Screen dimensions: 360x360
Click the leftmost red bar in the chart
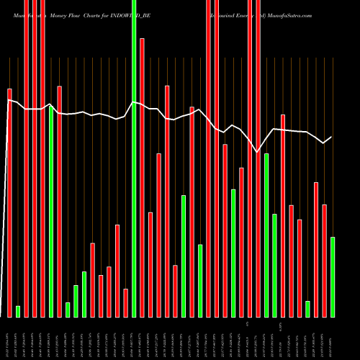(x=10, y=202)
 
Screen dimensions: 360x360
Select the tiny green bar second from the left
(x=18, y=311)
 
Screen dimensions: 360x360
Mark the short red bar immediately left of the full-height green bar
(x=125, y=302)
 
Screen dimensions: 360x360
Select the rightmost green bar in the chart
(x=333, y=276)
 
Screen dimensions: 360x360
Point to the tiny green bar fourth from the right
(x=308, y=309)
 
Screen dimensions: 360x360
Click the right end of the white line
(x=331, y=137)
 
